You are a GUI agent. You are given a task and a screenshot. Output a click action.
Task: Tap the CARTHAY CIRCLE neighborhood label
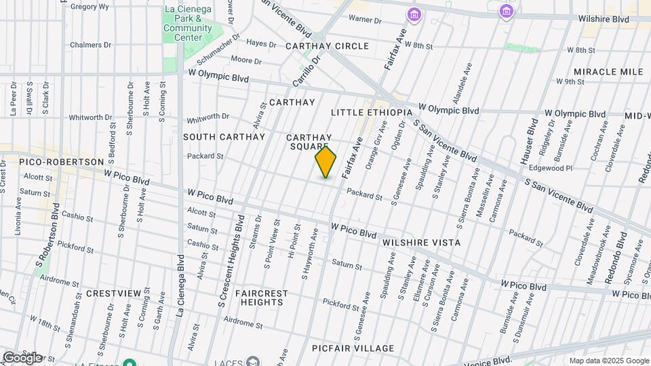tap(327, 46)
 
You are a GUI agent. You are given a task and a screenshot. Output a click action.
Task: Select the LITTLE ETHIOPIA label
tap(372, 112)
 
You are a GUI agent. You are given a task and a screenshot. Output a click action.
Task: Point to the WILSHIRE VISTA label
tap(421, 243)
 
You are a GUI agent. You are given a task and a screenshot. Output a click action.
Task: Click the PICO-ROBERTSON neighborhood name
tap(62, 163)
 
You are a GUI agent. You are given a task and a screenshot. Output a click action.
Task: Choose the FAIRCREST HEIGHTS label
tap(261, 298)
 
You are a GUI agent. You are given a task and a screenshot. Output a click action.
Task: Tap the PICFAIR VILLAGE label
tap(353, 348)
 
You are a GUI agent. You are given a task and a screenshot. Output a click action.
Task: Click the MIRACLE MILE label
tap(608, 72)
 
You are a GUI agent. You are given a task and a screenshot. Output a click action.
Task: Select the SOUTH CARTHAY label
tap(224, 137)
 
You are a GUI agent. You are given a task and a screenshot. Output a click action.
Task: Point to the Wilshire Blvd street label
tap(604, 20)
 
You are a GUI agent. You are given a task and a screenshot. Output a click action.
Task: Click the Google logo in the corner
tap(22, 357)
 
